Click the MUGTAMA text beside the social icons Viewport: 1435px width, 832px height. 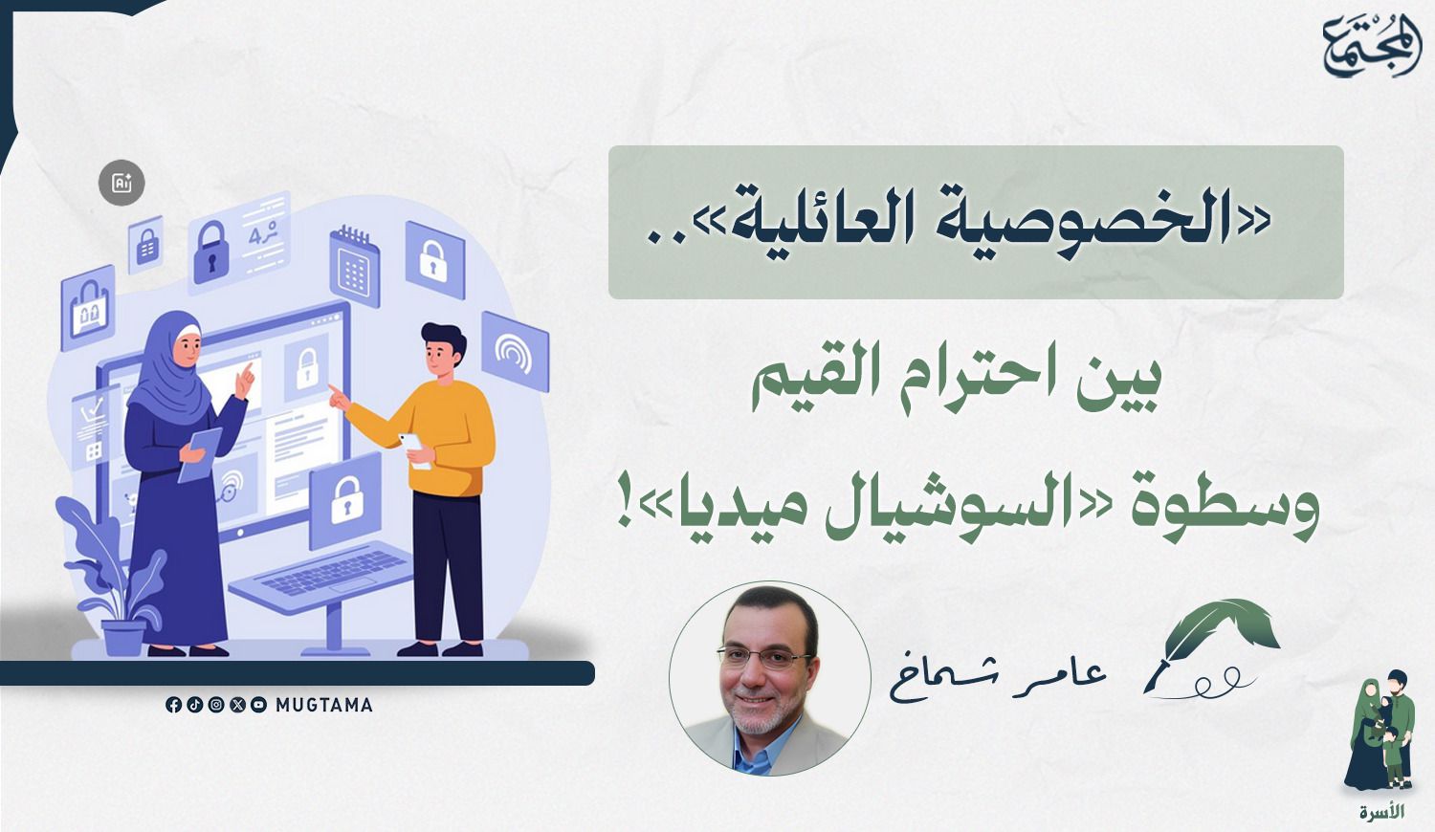pos(323,705)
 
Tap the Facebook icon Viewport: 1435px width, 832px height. pos(173,705)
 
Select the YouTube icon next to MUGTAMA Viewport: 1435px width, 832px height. pos(259,705)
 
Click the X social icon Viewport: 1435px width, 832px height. pos(237,705)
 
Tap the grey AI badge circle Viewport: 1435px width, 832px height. pos(121,184)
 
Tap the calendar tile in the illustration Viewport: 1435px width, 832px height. pos(354,266)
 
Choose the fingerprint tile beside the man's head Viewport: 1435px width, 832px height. pos(515,351)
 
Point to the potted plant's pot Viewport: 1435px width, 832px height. pos(123,637)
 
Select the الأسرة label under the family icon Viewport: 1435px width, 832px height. pos(1381,812)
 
